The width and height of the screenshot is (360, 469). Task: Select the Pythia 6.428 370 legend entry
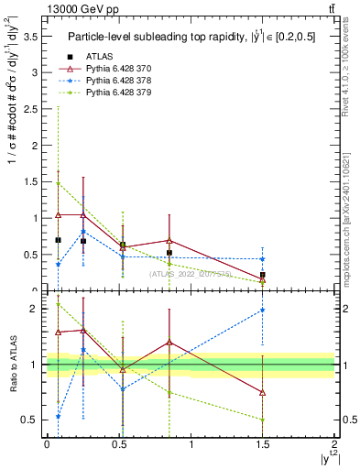coord(115,69)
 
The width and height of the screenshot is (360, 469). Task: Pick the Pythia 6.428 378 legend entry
coord(115,81)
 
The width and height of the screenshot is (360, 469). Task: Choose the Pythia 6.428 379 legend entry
coord(115,93)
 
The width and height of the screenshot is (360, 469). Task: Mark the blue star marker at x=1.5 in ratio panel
coord(263,311)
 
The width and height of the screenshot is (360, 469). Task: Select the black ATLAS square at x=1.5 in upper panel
coord(263,275)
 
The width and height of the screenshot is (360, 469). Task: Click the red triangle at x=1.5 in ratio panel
coord(263,392)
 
